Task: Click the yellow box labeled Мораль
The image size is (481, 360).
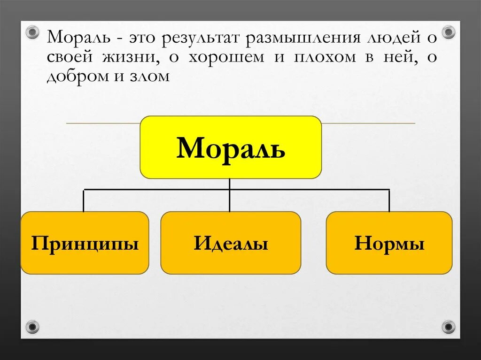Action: (231, 147)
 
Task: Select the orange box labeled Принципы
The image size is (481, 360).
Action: (85, 243)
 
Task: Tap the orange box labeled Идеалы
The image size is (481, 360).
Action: (231, 243)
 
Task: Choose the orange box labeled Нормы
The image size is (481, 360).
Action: (389, 243)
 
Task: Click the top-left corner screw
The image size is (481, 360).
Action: (32, 32)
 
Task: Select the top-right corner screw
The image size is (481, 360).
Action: (449, 32)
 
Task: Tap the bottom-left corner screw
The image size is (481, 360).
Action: (32, 326)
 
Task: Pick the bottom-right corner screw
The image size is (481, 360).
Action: (449, 326)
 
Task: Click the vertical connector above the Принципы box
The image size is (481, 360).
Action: (84, 200)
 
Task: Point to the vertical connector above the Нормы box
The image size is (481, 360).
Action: (389, 200)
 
